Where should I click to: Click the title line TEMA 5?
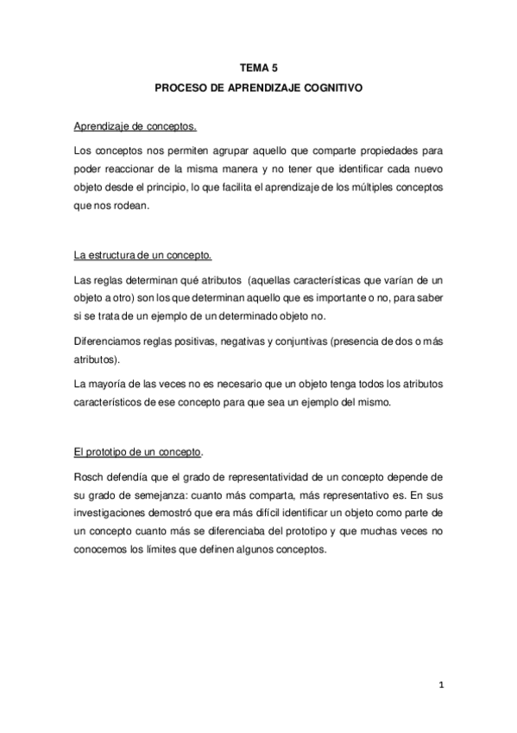coord(258,67)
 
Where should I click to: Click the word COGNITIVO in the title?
coord(330,88)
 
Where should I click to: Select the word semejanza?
coord(173,495)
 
